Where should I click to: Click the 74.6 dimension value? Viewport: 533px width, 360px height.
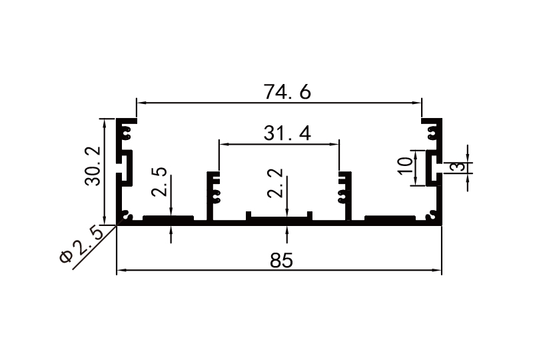pos(287,93)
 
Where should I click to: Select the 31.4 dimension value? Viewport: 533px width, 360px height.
pos(287,134)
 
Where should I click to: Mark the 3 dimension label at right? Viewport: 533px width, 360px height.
pos(457,166)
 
